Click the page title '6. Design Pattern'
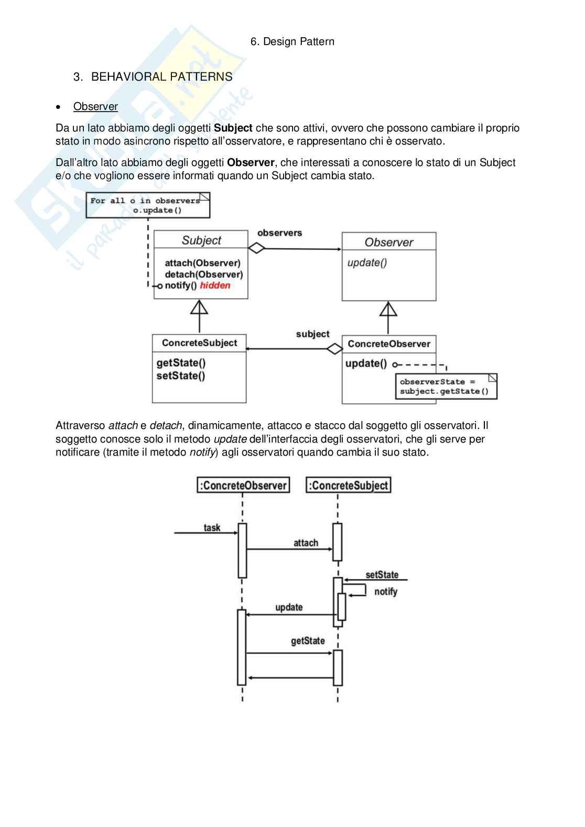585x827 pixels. point(292,41)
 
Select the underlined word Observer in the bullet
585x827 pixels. point(95,106)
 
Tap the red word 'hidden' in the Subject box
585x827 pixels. point(215,285)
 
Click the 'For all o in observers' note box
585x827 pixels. point(148,205)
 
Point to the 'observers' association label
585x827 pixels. point(279,233)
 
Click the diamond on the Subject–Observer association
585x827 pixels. point(256,248)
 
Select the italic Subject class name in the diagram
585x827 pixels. point(201,240)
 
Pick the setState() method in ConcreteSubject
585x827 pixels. point(181,376)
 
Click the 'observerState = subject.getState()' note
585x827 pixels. point(446,387)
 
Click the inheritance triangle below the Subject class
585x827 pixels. point(199,307)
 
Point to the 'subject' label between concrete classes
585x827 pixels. point(312,334)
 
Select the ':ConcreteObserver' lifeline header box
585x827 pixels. point(243,486)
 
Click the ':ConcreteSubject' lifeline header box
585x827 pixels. point(349,486)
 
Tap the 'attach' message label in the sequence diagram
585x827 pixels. point(306,543)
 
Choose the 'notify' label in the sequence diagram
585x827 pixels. point(386,591)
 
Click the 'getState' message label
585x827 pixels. point(308,641)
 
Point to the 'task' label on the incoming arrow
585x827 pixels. point(212,527)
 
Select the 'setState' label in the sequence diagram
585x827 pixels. point(382,575)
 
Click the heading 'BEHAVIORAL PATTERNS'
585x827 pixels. point(161,77)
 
